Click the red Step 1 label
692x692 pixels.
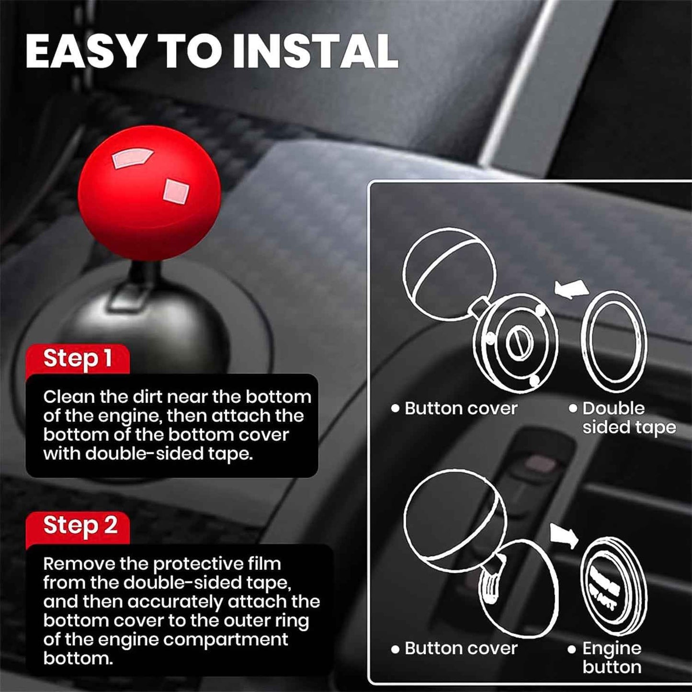(x=78, y=358)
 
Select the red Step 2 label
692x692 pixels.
(x=80, y=525)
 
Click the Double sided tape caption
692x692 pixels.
(x=628, y=418)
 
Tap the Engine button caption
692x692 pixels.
(x=612, y=658)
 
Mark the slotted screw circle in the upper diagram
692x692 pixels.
(x=519, y=344)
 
